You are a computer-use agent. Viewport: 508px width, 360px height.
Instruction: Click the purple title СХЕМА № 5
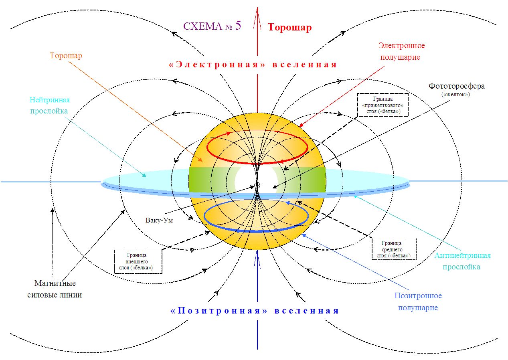(x=212, y=26)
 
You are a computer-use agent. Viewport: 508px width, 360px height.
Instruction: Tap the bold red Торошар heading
(x=289, y=27)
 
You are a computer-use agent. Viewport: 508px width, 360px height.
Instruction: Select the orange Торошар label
(x=66, y=55)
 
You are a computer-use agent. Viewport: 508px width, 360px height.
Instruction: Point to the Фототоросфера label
(x=456, y=86)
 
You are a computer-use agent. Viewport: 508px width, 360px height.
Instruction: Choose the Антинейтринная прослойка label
(x=463, y=261)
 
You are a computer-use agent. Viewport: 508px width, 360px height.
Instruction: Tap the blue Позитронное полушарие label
(x=418, y=301)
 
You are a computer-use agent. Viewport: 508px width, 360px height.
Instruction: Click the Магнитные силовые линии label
(x=55, y=289)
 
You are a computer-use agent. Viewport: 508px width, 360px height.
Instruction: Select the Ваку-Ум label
(x=160, y=220)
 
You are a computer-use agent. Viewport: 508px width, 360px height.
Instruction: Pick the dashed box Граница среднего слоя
(x=394, y=249)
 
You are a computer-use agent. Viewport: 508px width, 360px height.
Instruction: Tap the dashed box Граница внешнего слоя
(x=138, y=262)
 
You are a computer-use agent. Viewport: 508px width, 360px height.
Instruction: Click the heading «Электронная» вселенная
(x=253, y=65)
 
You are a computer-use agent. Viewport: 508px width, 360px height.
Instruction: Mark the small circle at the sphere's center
(x=257, y=185)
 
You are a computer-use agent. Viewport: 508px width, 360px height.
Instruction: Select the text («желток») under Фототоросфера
(x=457, y=95)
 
